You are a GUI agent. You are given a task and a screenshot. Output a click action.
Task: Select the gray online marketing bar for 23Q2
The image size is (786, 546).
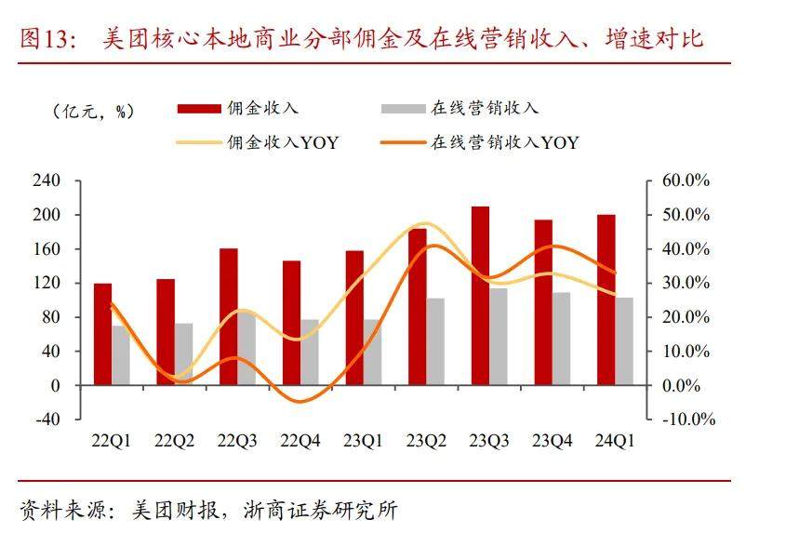pos(435,341)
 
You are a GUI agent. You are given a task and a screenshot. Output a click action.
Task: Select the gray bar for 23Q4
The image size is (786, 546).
pos(561,339)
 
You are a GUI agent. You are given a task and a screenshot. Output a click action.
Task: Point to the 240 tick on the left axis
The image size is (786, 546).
pos(47,180)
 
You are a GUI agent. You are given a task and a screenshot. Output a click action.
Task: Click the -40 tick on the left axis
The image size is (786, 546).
pos(47,419)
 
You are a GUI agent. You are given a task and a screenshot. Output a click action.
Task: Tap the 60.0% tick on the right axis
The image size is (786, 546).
pos(686,180)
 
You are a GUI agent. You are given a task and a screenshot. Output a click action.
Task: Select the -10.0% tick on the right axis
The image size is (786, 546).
pos(686,419)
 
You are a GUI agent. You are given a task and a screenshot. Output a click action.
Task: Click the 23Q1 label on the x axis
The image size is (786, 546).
pos(363,442)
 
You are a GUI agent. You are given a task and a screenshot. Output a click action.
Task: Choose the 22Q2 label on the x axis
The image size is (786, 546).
pos(174,442)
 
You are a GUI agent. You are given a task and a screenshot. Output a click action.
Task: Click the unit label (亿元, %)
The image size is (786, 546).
pos(93,111)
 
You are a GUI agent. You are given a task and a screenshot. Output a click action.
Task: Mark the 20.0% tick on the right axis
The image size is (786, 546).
pos(686,317)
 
